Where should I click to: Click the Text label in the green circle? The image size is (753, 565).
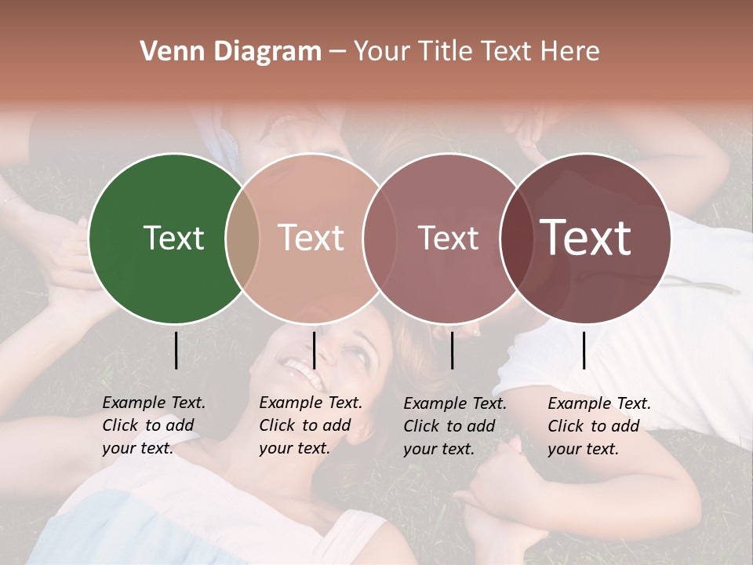point(173,238)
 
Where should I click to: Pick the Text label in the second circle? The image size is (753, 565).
point(311,238)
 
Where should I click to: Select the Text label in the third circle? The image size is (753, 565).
point(448,238)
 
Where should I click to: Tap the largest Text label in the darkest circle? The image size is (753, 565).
point(586,238)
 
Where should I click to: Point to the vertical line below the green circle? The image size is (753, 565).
point(176,350)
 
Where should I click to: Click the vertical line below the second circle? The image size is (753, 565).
point(314,350)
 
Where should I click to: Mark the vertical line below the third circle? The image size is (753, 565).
point(452,350)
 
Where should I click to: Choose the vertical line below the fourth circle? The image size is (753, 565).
point(584,350)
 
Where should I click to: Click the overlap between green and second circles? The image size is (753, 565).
point(242,238)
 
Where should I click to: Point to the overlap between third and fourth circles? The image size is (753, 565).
point(516,238)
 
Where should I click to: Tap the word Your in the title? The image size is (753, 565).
point(384,52)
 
